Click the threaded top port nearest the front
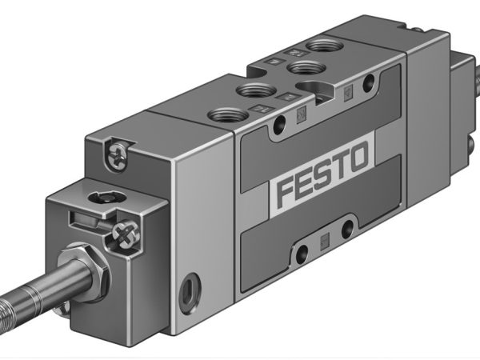point(224,114)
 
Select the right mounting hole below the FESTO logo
point(346,230)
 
